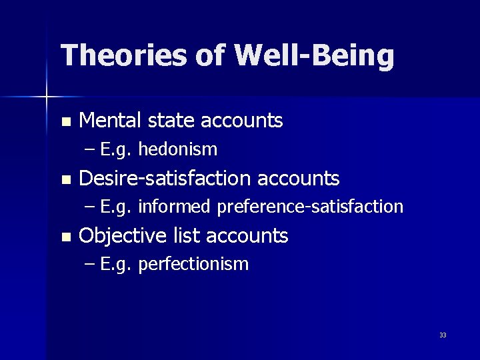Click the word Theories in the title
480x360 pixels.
coord(123,55)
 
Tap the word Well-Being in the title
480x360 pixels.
coord(314,55)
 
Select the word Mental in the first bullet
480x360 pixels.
coord(110,121)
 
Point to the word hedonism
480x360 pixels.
coord(178,149)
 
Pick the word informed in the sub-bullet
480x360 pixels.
coord(174,207)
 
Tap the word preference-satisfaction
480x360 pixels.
coord(310,207)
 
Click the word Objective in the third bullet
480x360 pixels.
coord(123,235)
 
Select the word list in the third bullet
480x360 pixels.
coord(187,235)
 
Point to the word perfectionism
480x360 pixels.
coord(193,264)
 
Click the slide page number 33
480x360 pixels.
coord(443,335)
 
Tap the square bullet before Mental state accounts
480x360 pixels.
coord(65,122)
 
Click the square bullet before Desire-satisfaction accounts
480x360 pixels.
coord(65,179)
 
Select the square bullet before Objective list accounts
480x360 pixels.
coord(65,237)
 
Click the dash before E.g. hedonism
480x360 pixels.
coord(91,150)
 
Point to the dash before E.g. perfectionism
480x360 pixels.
coord(91,265)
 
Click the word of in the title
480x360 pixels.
coord(212,55)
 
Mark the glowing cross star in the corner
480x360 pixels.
coord(47,97)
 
